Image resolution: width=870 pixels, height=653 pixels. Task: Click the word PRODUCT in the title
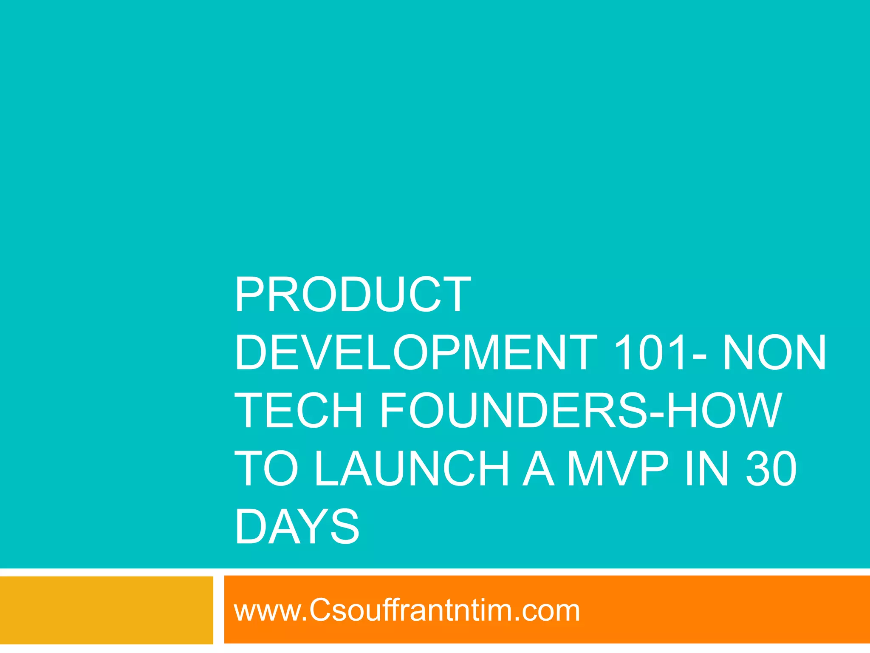353,295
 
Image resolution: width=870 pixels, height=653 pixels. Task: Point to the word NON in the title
774,352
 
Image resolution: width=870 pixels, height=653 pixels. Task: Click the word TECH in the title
299,411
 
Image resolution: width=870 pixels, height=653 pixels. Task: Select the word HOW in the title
724,411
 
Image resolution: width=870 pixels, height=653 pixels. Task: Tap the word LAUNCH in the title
411,469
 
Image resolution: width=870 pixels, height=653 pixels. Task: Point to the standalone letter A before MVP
538,469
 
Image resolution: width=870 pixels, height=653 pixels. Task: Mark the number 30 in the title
771,469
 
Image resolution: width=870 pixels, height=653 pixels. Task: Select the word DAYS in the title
297,527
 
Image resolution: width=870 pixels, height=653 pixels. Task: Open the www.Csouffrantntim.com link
407,610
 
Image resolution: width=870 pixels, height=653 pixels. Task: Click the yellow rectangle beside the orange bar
106,610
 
